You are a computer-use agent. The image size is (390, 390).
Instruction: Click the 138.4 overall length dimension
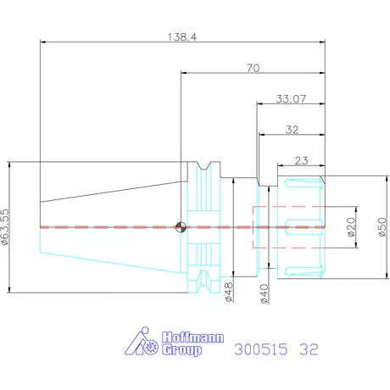coord(182,37)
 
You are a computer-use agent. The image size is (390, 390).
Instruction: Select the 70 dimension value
coord(253,68)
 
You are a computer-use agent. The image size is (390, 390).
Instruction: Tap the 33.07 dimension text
coord(291,99)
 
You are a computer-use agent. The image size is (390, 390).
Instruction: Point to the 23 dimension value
coord(301,160)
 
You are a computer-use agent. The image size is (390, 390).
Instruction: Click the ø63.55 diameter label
coord(5,226)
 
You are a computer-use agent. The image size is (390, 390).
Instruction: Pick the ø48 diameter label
coord(229,292)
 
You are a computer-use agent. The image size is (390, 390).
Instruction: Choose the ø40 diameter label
coord(265,294)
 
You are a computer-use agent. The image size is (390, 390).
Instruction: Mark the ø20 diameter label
coord(351,227)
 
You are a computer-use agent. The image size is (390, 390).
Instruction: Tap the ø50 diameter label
coord(382,227)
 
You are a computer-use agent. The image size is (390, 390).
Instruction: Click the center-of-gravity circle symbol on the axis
coord(181,227)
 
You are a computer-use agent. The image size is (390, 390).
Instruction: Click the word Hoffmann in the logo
coord(192,337)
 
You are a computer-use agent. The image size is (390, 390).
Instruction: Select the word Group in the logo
coord(181,350)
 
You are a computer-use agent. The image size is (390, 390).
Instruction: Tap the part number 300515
coord(261,349)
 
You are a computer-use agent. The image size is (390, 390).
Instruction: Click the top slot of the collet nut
coord(304,183)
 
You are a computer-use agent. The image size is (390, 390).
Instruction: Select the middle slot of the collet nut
coord(304,227)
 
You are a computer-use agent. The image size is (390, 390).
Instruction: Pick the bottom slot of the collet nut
coord(304,271)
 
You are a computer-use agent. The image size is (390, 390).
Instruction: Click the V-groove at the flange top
coord(204,166)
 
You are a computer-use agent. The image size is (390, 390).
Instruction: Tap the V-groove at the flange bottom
coord(204,281)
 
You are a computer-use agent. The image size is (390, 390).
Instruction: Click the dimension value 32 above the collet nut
coord(292,130)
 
